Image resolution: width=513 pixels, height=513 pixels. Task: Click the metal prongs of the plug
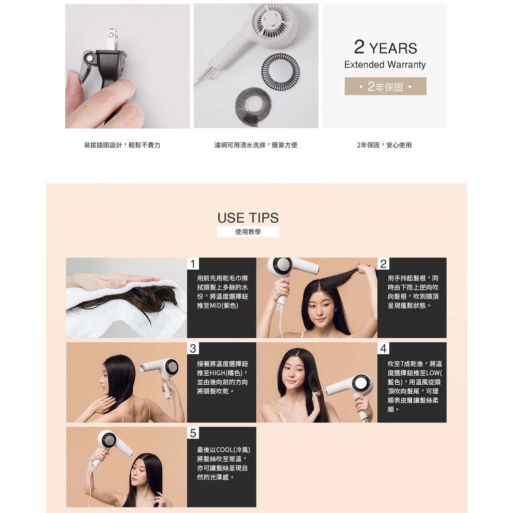(x=112, y=39)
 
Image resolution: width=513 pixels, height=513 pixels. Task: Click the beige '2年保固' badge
(x=385, y=86)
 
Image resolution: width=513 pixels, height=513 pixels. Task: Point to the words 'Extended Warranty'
(x=385, y=65)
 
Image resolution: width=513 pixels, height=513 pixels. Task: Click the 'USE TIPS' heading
(x=248, y=217)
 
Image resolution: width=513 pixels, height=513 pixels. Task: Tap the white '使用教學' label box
(x=248, y=231)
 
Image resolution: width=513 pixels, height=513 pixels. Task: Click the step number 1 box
(x=193, y=264)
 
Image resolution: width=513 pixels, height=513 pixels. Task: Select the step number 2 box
(x=383, y=264)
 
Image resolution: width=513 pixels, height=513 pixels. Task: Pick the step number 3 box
(x=193, y=348)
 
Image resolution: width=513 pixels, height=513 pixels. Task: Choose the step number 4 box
(x=383, y=348)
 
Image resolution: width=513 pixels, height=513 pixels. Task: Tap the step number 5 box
(x=193, y=433)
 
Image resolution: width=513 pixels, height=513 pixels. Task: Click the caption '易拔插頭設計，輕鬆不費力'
(x=122, y=145)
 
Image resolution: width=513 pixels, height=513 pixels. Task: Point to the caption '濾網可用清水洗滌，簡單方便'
(x=256, y=145)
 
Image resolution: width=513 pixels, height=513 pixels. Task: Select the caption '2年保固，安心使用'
(x=384, y=145)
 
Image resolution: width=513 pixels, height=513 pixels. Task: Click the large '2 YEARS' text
(x=385, y=47)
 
